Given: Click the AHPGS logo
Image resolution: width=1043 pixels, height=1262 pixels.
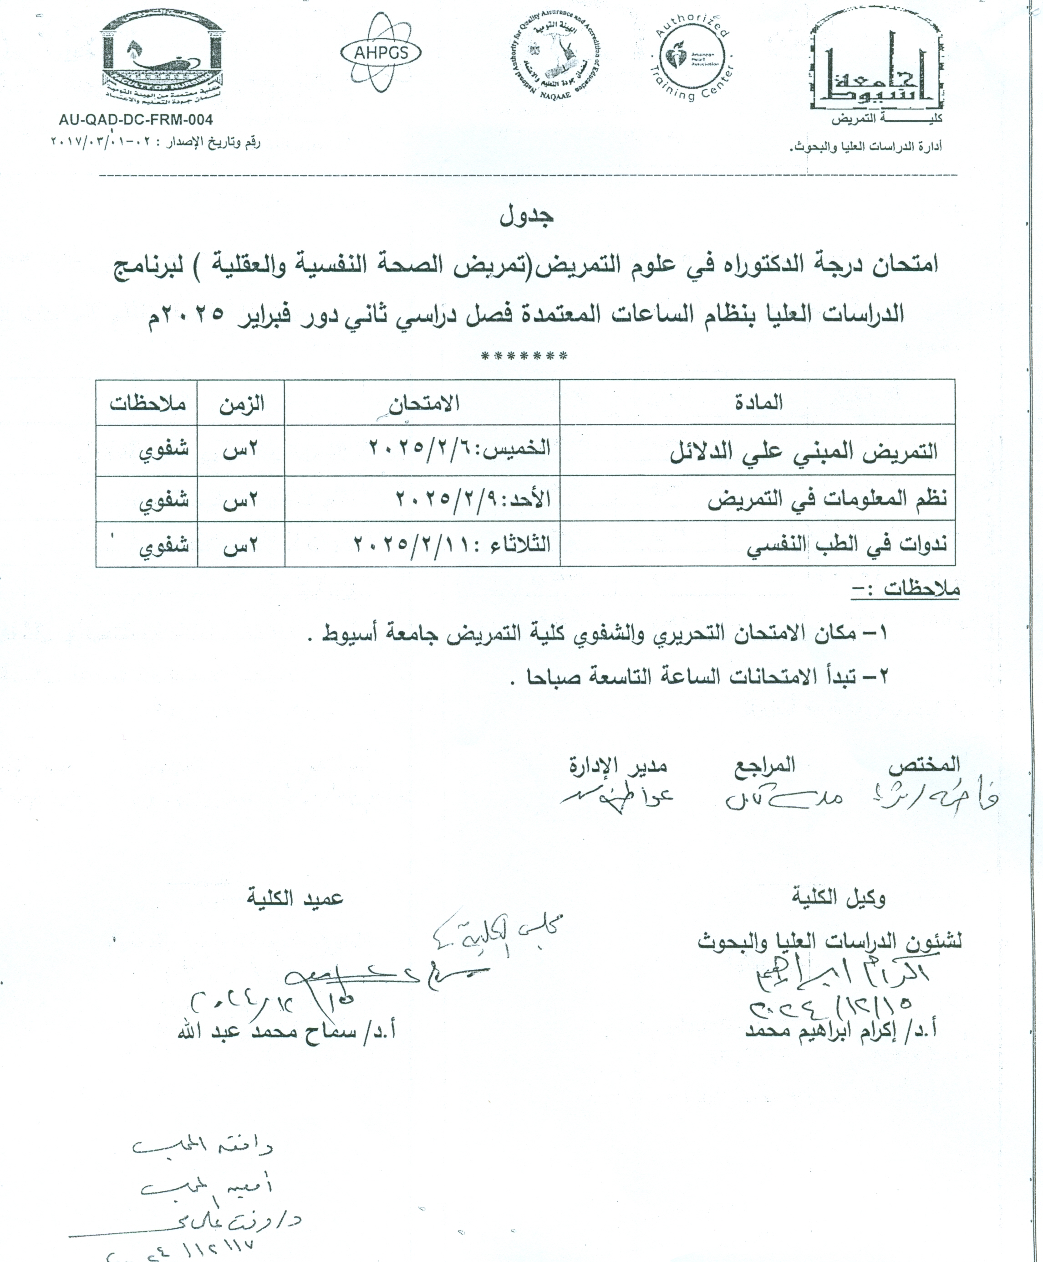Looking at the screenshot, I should tap(381, 53).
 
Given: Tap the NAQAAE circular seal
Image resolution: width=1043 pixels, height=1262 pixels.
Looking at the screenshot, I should tap(559, 59).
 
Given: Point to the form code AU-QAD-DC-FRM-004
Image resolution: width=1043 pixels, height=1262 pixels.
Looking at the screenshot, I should tap(136, 119).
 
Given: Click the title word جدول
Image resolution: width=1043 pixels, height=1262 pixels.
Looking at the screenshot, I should tap(527, 216).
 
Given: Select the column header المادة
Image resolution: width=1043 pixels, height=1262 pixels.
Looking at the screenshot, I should tap(758, 402).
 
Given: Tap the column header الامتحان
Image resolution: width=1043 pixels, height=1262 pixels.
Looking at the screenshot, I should tap(423, 402).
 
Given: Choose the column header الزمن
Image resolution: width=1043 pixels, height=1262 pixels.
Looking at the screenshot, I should tap(241, 402).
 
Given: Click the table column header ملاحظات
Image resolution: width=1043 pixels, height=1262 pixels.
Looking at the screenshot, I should tap(148, 402).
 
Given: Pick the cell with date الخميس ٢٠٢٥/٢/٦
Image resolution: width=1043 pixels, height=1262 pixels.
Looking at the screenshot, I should tap(459, 449).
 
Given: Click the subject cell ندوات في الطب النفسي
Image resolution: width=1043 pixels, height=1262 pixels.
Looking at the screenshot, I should tap(847, 545).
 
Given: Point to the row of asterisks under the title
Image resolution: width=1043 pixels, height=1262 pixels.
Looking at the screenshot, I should tap(524, 357).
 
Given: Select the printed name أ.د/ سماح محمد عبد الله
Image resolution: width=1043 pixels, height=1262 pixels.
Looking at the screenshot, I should tap(286, 1031).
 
